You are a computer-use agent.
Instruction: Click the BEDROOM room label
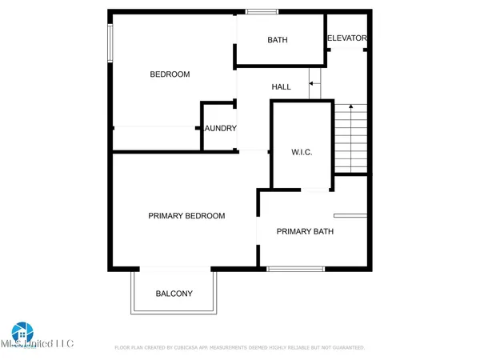pyautogui.click(x=170, y=74)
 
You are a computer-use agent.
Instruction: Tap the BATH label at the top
pyautogui.click(x=278, y=40)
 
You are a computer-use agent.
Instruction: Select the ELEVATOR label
pyautogui.click(x=346, y=38)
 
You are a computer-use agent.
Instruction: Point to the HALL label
pyautogui.click(x=281, y=86)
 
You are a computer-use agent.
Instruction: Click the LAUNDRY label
pyautogui.click(x=220, y=128)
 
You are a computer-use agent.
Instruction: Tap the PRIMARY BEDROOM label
pyautogui.click(x=186, y=216)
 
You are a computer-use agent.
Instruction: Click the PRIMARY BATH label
pyautogui.click(x=305, y=232)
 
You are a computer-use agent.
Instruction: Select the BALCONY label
pyautogui.click(x=174, y=294)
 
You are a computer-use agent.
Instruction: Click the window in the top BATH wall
pyautogui.click(x=257, y=11)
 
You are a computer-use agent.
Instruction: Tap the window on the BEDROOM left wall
pyautogui.click(x=110, y=42)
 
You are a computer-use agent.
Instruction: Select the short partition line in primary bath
pyautogui.click(x=350, y=214)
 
